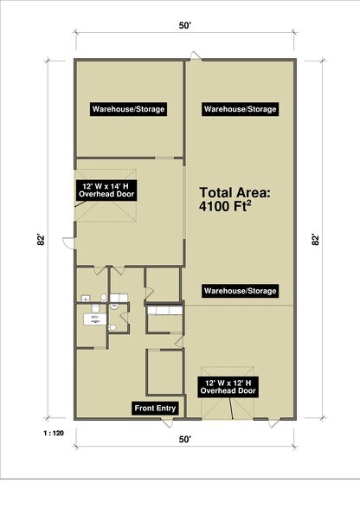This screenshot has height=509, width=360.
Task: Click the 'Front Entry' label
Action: point(156,408)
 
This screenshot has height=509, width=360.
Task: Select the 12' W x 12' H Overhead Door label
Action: point(229,386)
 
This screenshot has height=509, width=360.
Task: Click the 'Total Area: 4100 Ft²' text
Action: point(236,202)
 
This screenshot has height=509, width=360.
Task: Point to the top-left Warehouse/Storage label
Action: point(129,109)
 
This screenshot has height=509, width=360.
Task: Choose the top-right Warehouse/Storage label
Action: point(240,109)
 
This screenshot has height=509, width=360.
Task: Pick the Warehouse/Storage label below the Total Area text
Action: point(240,290)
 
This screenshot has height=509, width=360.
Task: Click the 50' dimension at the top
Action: point(184,27)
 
